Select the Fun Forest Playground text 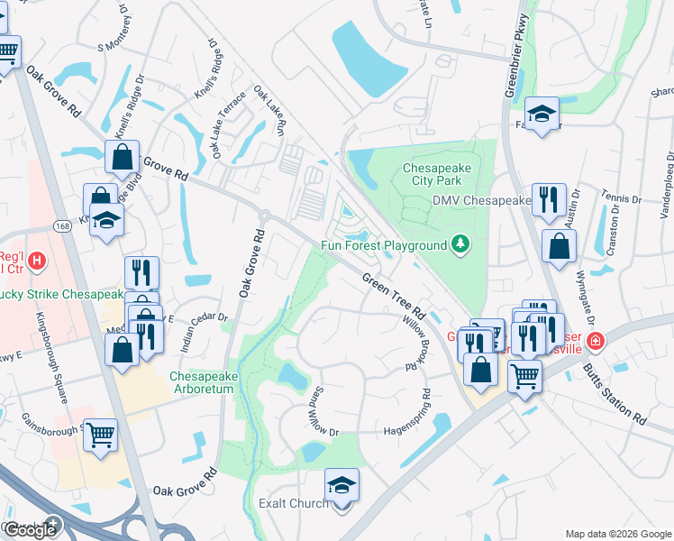pyautogui.click(x=385, y=245)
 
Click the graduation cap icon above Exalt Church pyautogui.click(x=342, y=485)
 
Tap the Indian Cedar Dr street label pyautogui.click(x=199, y=320)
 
